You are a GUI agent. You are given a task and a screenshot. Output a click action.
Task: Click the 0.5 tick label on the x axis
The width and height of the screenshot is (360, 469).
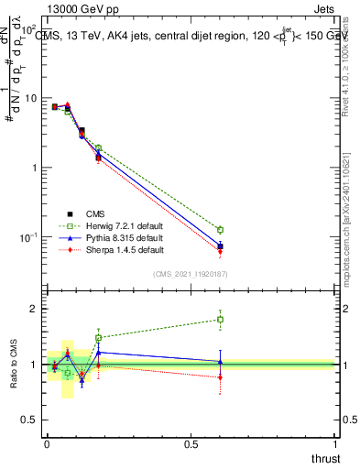(x=191, y=445)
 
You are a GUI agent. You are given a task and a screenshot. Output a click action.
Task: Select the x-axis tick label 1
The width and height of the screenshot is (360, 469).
(x=335, y=445)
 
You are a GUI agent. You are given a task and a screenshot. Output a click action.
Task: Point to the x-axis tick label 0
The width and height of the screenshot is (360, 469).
(x=47, y=445)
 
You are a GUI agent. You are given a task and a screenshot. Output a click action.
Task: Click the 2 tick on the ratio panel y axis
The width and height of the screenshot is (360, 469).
(x=37, y=309)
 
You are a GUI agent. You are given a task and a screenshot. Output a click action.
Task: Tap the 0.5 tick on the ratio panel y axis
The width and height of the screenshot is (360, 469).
(x=33, y=420)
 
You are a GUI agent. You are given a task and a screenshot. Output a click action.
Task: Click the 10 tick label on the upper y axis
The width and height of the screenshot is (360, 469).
(x=30, y=98)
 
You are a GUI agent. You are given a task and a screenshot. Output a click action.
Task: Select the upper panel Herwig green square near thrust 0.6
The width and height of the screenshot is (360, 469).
(x=220, y=229)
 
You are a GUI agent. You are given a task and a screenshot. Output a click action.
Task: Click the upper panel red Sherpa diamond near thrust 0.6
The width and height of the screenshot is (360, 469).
(x=220, y=251)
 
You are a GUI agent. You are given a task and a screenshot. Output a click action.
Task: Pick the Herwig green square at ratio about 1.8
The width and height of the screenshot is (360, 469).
(x=220, y=320)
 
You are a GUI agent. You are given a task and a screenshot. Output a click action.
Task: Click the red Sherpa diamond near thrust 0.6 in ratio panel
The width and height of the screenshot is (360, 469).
(x=220, y=376)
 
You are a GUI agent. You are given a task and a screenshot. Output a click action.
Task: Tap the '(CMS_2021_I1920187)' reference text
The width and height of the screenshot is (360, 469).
(x=191, y=273)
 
